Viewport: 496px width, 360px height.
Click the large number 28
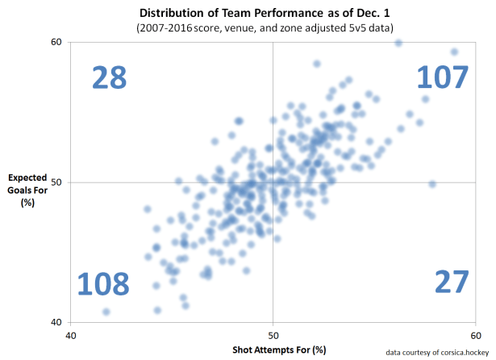109,77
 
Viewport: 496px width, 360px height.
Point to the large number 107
441,77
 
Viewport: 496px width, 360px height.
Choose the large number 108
103,284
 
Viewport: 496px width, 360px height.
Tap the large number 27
451,282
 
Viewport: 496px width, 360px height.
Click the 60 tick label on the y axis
56,42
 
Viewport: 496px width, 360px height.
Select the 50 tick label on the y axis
56,182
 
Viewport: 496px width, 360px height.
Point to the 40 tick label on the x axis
71,335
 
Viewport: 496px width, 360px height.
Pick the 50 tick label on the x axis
273,335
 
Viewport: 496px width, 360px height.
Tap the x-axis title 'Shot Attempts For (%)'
273,350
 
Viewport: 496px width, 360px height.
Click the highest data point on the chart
398,43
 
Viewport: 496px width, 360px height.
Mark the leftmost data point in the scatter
106,312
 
